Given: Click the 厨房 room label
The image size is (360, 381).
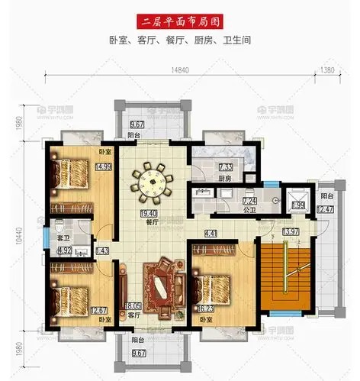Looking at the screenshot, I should pyautogui.click(x=226, y=179).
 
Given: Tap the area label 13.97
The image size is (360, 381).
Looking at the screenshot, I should pyautogui.click(x=290, y=231).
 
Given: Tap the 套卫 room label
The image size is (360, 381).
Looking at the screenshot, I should pyautogui.click(x=65, y=239).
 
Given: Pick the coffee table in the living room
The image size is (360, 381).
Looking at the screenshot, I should pyautogui.click(x=162, y=287).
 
